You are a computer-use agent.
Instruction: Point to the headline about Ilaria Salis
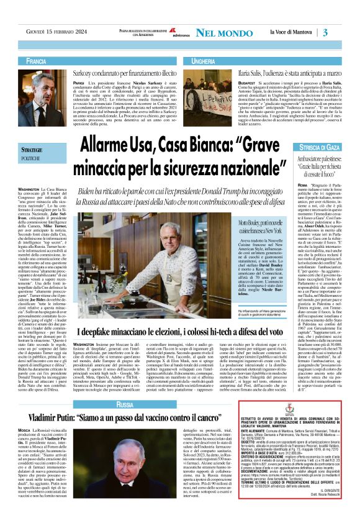pos(278,73)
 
